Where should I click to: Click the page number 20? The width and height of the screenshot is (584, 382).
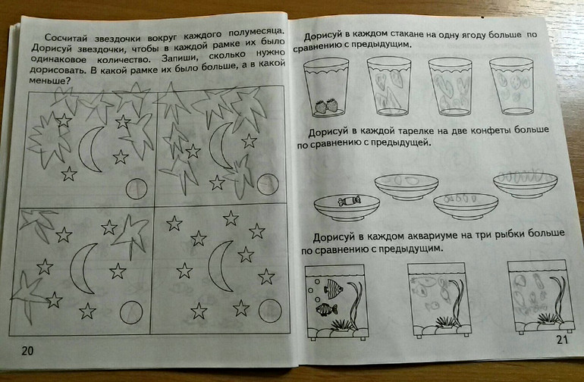pos(27,350)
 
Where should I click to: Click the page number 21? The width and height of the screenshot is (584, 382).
pos(562,340)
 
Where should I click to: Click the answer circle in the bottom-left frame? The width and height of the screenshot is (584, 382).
pos(131,312)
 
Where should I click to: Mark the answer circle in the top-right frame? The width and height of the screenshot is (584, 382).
pos(268,184)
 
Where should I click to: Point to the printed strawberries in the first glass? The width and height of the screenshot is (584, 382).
pos(326,106)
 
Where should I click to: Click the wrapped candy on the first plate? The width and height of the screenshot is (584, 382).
pos(349,201)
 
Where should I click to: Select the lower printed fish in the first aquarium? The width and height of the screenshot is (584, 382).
pos(326,309)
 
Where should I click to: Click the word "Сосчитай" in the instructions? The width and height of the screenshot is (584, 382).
pos(67,38)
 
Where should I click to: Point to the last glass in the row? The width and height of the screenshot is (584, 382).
pos(511,86)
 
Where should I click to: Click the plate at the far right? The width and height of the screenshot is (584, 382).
pos(525,184)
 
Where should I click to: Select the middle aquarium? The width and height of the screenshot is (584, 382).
pos(438,300)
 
